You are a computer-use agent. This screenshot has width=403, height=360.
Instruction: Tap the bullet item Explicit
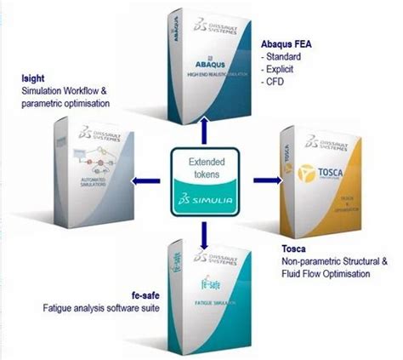coord(281,71)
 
